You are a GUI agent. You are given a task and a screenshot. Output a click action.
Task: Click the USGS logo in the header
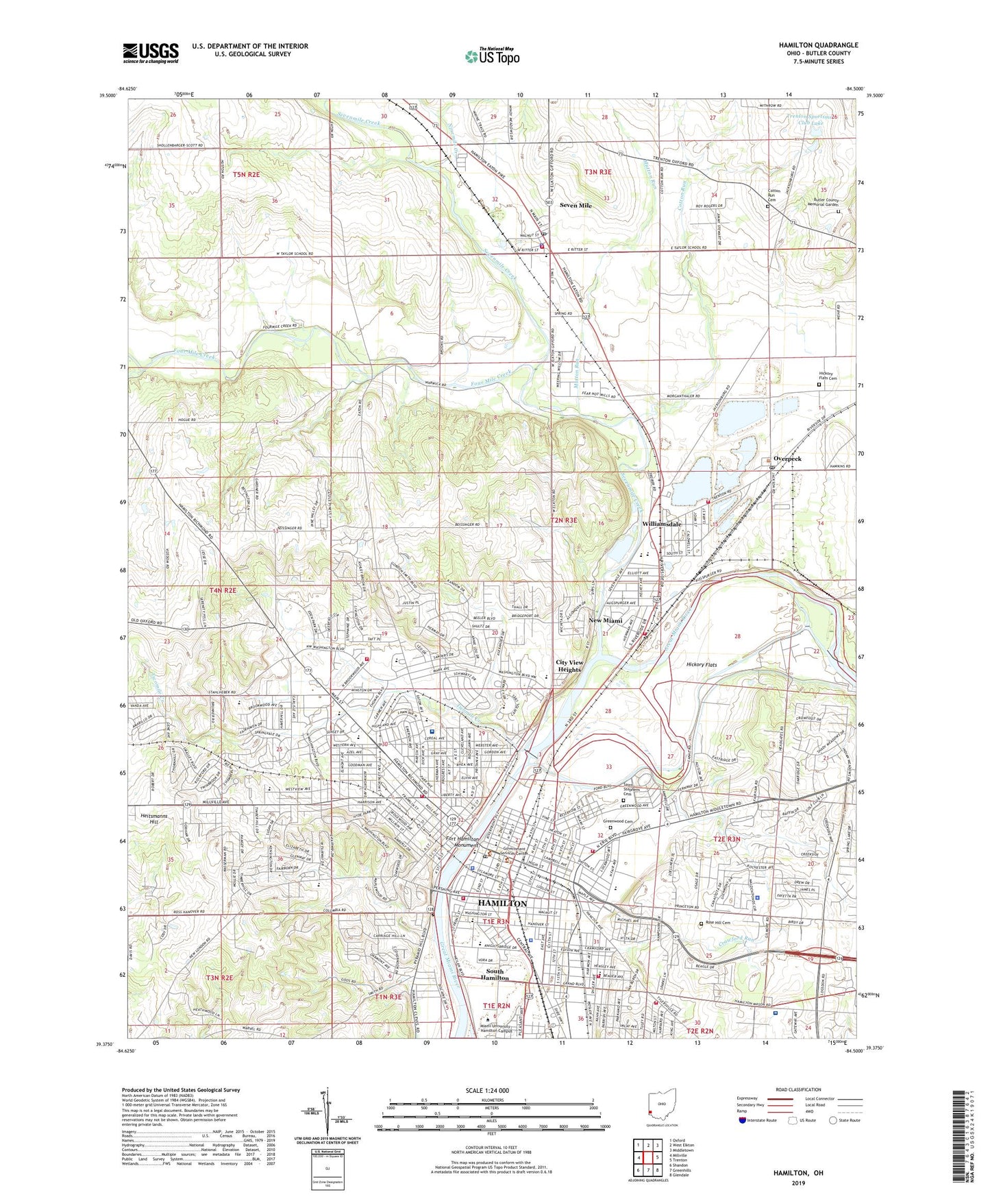point(151,53)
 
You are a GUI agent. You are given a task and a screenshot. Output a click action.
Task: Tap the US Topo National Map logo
point(492,56)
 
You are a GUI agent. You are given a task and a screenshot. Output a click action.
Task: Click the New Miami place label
point(606,620)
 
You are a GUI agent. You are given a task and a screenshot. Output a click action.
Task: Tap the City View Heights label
point(569,666)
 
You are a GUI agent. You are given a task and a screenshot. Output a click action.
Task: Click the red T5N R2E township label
point(246,175)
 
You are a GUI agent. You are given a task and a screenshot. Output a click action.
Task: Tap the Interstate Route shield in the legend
point(743,1120)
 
